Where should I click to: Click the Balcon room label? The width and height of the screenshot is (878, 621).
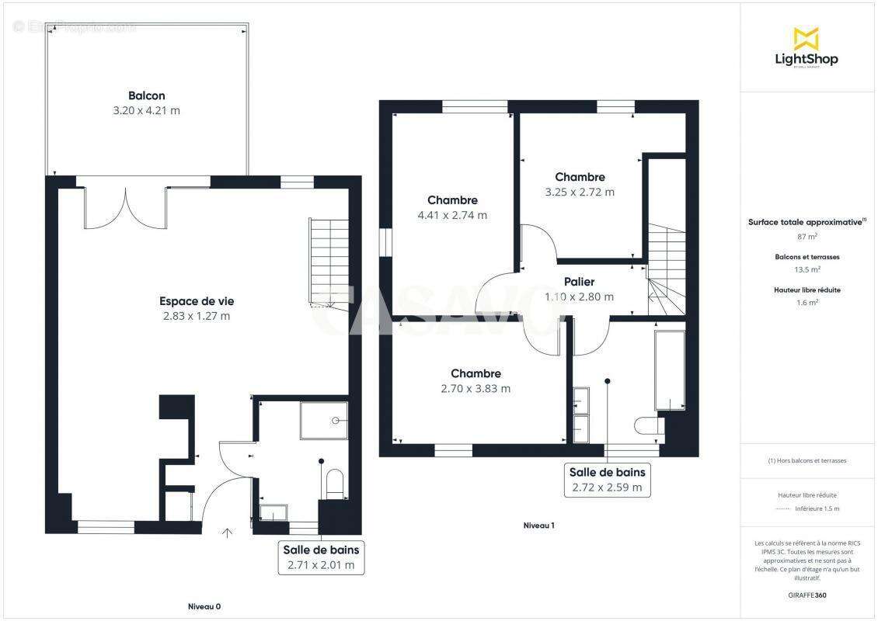tap(146, 95)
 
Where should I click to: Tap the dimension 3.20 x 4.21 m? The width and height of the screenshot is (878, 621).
tap(146, 111)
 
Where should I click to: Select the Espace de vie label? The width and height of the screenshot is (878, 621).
tap(197, 301)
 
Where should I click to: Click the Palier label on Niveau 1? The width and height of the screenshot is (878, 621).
tap(579, 282)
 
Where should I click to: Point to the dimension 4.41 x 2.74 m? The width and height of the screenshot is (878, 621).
tap(452, 215)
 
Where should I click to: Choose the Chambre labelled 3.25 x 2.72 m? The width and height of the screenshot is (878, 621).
tap(580, 177)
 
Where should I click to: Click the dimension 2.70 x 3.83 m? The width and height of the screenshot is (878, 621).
tap(475, 389)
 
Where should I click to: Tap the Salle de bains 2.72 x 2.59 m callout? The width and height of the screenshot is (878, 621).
tap(607, 480)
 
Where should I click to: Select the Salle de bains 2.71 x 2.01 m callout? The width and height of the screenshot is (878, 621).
tap(321, 557)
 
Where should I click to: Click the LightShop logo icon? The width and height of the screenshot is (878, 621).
tap(806, 38)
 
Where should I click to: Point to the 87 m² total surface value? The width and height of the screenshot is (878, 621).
tap(806, 237)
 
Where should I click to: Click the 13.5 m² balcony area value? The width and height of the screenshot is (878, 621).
tap(806, 270)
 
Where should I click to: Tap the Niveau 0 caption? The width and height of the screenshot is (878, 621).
tap(204, 606)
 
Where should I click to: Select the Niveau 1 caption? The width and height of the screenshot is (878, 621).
tap(538, 526)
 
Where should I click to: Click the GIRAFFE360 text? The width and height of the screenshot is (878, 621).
tap(806, 595)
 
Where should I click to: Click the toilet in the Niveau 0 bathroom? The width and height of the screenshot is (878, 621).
tap(335, 483)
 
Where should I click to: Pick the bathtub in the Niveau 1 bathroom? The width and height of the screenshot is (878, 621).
tap(670, 370)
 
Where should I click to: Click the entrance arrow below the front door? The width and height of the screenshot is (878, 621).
tap(227, 533)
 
